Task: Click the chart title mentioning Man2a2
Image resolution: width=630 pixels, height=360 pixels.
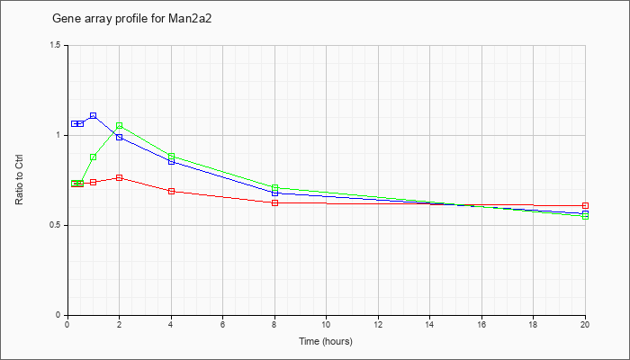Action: point(131,19)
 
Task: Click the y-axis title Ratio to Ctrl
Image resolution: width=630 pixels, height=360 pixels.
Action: point(19,180)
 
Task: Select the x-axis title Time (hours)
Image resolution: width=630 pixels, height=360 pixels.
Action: point(326,341)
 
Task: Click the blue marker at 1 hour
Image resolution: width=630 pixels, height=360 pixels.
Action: point(94,116)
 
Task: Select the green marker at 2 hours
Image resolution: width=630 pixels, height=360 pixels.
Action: point(120,126)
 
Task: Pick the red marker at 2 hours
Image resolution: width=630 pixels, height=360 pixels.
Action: point(120,177)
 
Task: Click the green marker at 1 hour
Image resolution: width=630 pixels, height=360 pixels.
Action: point(94,157)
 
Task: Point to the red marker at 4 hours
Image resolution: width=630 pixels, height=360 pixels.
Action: point(172,191)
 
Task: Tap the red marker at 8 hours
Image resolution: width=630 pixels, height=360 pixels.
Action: point(274,202)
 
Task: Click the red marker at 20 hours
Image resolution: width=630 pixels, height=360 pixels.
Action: point(585,206)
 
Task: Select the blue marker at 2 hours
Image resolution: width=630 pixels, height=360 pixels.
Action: point(120,137)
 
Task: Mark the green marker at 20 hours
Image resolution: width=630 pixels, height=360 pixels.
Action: point(585,217)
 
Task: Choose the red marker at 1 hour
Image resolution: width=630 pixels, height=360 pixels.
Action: point(94,182)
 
